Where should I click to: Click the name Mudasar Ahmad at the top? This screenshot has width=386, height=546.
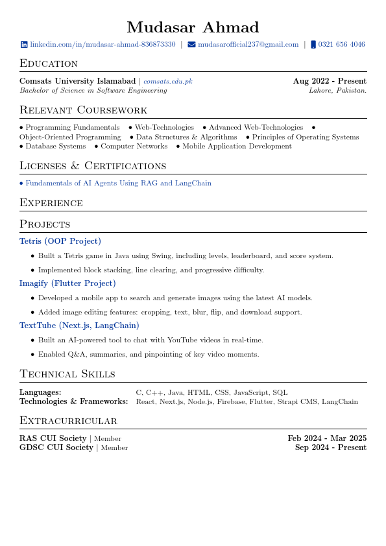[x=193, y=27]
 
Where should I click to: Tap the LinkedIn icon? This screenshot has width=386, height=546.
[x=24, y=45]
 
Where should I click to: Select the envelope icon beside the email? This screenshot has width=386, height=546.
[x=191, y=45]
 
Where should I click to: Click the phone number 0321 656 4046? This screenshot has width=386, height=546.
[x=341, y=45]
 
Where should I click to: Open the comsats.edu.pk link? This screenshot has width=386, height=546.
[x=167, y=82]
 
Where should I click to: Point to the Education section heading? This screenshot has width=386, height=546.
[x=49, y=63]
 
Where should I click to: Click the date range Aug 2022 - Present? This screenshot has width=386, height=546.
[x=330, y=81]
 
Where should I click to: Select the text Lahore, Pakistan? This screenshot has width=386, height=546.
[x=337, y=91]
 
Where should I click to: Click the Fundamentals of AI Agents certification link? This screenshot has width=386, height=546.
[x=118, y=184]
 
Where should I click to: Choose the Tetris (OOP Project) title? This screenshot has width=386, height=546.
[x=60, y=241]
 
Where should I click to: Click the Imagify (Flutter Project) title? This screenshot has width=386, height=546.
[x=67, y=283]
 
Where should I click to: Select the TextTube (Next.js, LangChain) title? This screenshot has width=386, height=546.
[x=79, y=326]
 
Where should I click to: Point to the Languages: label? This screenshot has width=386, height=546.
[x=40, y=392]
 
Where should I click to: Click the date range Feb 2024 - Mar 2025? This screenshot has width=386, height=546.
[x=327, y=438]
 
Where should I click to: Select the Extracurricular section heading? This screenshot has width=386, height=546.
[x=68, y=421]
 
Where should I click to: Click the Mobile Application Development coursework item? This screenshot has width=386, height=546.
[x=237, y=147]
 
